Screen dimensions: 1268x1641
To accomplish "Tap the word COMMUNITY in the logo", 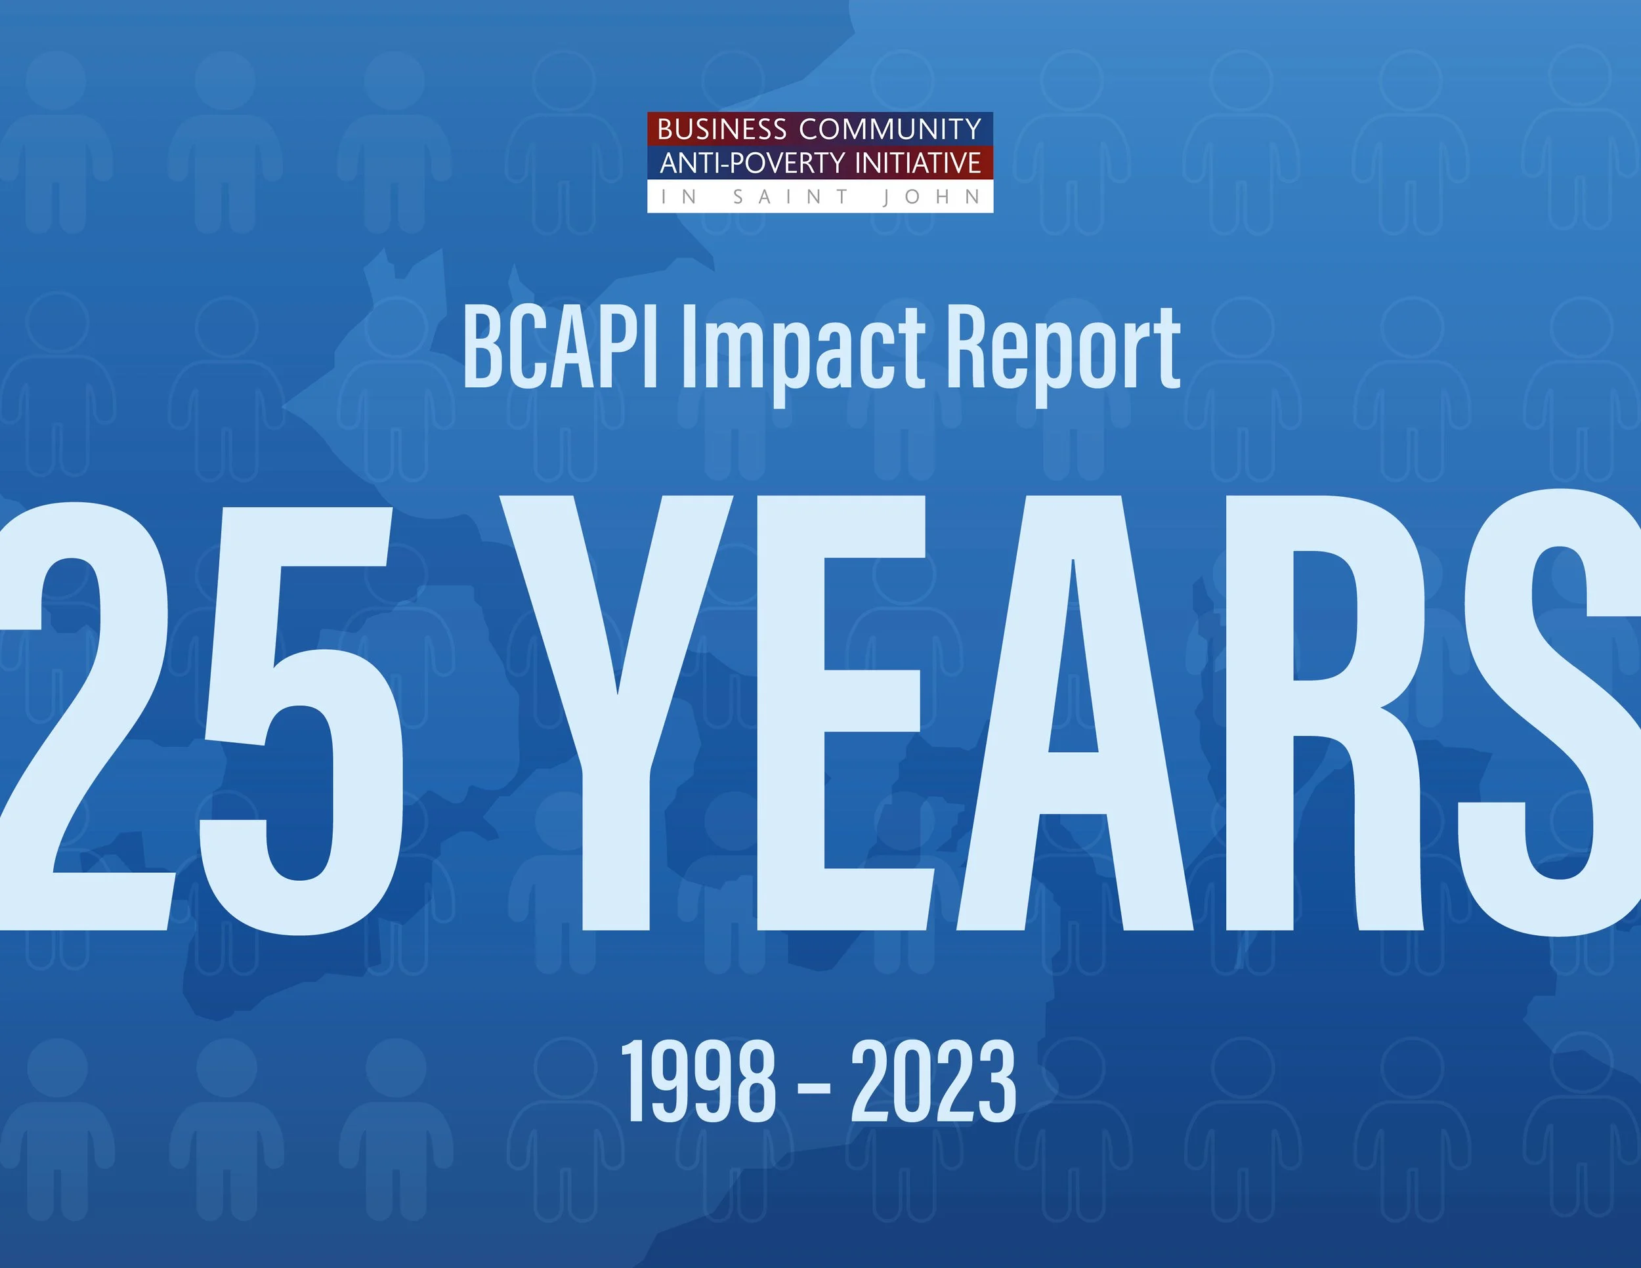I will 889,129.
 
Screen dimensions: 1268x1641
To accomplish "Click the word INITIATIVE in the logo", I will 918,163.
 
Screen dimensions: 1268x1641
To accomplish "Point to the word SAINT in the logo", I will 790,197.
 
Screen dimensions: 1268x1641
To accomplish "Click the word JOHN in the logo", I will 931,197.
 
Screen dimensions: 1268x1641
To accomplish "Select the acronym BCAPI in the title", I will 560,347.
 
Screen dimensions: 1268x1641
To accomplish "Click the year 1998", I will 698,1082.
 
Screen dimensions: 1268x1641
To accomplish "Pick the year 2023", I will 933,1082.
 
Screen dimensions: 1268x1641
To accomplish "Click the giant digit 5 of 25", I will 301,721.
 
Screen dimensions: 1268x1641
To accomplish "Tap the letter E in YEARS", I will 842,713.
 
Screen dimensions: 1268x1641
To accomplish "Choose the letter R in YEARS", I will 1330,713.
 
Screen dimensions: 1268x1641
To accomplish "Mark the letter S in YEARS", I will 1548,713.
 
